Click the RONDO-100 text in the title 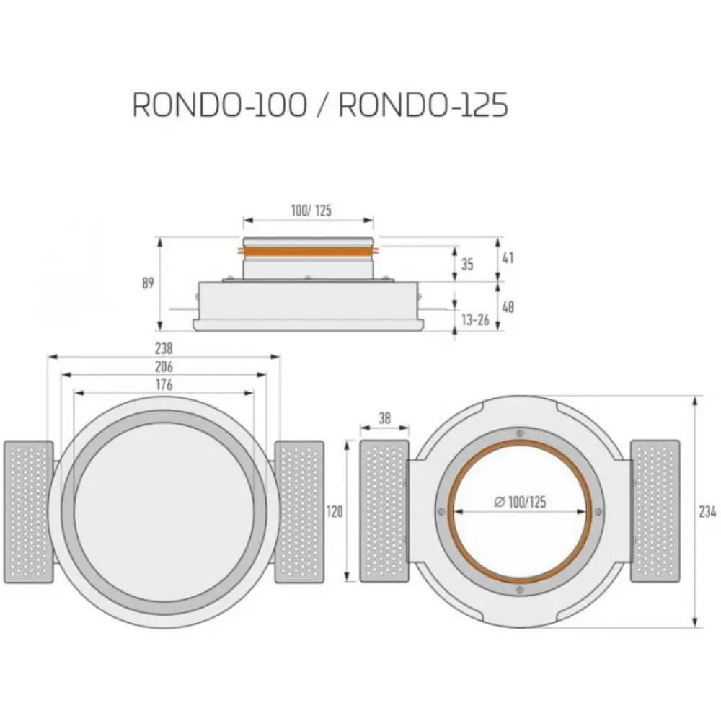tap(219, 105)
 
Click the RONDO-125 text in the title tap(423, 105)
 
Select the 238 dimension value tap(164, 348)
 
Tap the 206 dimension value tap(164, 366)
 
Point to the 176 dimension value tap(164, 384)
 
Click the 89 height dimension tap(148, 283)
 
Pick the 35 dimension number tap(467, 265)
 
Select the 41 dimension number tap(508, 258)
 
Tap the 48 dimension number tap(508, 306)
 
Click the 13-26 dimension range tap(475, 319)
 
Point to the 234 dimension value tap(707, 511)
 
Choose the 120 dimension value tap(335, 511)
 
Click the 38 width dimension tap(384, 418)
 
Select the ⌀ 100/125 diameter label tap(520, 502)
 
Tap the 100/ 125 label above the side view tap(311, 211)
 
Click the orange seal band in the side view tap(308, 251)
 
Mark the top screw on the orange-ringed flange tap(520, 433)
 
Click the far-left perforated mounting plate tap(29, 512)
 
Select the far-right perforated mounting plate tap(655, 511)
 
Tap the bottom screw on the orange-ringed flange tap(520, 590)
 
